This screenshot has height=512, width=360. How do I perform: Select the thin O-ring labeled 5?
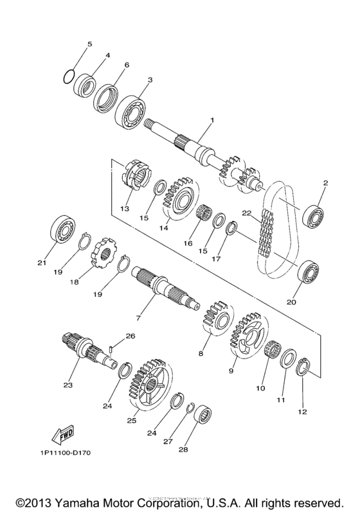71,76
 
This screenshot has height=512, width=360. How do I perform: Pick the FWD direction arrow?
64,435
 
